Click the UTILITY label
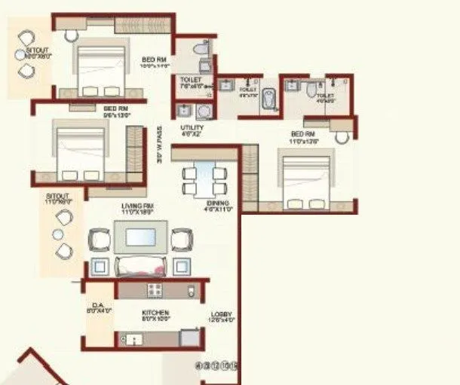pos(192,128)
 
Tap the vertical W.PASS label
pos(160,145)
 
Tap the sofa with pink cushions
pos(141,266)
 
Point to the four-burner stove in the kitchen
pos(156,290)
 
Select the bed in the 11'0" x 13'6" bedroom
pos(305,182)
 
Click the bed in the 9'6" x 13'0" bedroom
pos(80,150)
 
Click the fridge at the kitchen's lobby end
pos(191,291)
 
